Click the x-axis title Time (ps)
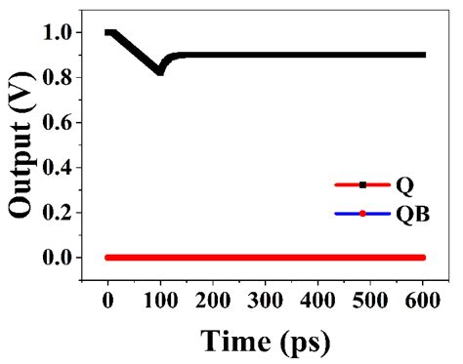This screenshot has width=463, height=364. pos(266,341)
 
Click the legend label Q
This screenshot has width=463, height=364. pos(402,184)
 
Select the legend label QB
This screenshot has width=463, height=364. pos(408,213)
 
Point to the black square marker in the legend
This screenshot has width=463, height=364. pos(362,184)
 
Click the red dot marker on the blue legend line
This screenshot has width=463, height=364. pos(362,213)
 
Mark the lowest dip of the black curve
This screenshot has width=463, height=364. pos(159,71)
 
